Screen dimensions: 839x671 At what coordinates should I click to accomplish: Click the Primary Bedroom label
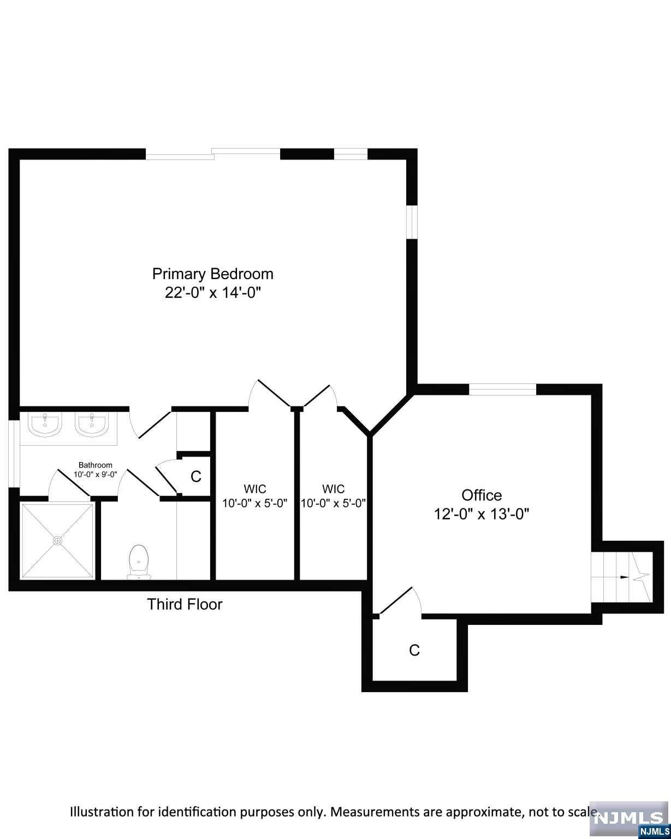click(212, 273)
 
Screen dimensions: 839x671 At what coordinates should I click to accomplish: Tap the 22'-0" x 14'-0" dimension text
click(213, 293)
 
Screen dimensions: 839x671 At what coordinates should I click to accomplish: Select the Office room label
click(482, 495)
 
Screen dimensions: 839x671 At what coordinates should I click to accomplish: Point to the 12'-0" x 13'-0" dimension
click(482, 514)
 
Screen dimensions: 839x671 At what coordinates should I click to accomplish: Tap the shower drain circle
click(57, 540)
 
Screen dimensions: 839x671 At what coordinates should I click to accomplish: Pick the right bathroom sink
click(92, 424)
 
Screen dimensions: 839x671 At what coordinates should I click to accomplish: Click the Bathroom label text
click(96, 465)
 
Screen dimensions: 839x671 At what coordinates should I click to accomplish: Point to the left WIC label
click(255, 488)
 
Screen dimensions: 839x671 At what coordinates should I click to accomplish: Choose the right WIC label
click(333, 488)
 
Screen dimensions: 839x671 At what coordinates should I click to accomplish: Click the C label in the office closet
click(414, 650)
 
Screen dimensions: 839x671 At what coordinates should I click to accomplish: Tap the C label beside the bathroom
click(195, 476)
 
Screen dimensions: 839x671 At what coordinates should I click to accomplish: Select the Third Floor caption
click(185, 604)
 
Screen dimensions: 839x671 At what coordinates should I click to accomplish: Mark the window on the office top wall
click(503, 389)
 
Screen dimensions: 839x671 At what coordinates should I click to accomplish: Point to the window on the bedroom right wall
click(412, 222)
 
